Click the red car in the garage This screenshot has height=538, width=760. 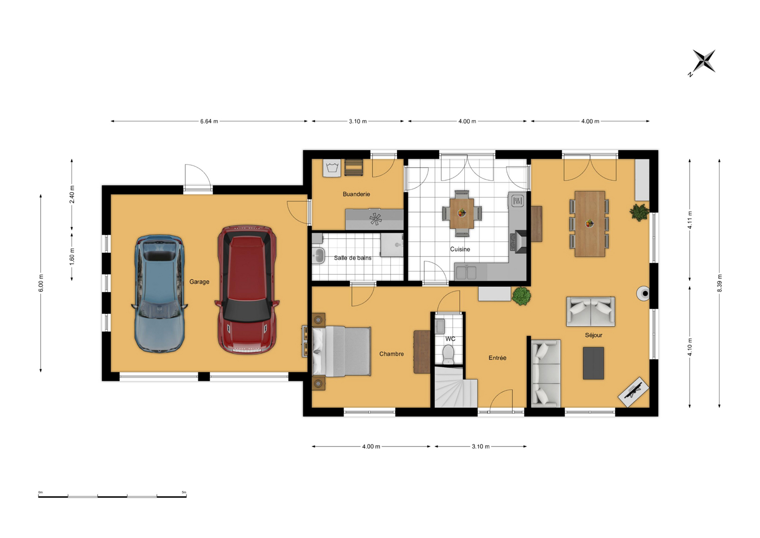(x=247, y=290)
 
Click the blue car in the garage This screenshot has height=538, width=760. (x=159, y=294)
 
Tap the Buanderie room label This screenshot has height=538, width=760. (x=356, y=194)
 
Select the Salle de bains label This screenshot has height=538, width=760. (x=353, y=258)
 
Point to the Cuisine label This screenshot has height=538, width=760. (x=460, y=249)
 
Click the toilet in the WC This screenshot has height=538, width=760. (x=448, y=354)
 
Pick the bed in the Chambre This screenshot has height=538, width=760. (x=341, y=351)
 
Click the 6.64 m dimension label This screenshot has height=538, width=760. (x=209, y=121)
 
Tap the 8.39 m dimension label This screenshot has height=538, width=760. (x=720, y=283)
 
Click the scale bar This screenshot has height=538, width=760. (x=112, y=496)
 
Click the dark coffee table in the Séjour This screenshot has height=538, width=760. (x=593, y=363)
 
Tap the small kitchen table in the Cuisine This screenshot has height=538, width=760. (x=462, y=213)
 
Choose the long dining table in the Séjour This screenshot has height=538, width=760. (x=590, y=224)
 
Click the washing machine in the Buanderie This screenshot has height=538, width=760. (x=332, y=168)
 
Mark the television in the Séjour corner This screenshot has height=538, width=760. (x=634, y=391)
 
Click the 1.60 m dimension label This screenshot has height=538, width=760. (x=72, y=257)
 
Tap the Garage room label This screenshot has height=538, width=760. (x=199, y=282)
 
